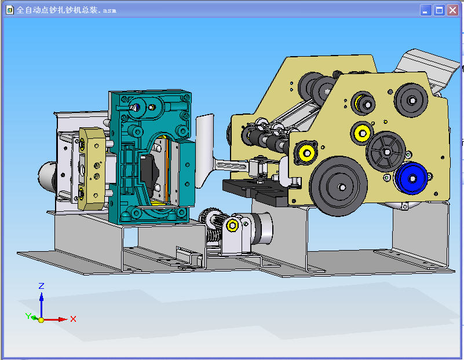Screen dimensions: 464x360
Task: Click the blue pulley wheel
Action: click(x=412, y=178)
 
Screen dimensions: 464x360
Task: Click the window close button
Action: click(x=452, y=10)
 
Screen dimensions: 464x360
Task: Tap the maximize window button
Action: click(x=439, y=10)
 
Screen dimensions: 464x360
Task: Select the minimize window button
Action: click(x=426, y=10)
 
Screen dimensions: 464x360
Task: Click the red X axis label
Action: click(x=73, y=319)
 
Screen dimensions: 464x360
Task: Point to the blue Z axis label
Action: click(x=42, y=286)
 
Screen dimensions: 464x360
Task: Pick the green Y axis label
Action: click(x=28, y=316)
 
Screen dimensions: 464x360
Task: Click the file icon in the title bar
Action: click(x=10, y=10)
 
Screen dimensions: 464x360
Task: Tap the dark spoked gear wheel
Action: click(x=386, y=152)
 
